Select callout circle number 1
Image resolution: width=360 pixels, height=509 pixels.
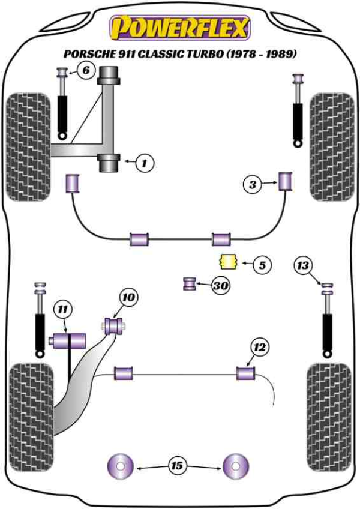pos(145,161)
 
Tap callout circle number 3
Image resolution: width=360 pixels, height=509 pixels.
pos(253,185)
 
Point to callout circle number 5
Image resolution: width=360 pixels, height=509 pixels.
pos(262,264)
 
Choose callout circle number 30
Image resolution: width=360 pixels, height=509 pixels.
pos(221,286)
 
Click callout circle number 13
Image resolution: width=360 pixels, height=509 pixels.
pos(304,264)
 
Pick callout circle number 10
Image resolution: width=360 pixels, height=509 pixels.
pos(128,297)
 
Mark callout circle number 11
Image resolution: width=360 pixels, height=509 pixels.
pos(62,310)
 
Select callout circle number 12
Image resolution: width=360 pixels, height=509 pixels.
pos(260,346)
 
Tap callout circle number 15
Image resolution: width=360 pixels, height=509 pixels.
pos(178,465)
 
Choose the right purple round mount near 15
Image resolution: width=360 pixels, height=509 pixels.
pos(236,465)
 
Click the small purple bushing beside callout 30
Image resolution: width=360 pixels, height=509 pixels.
pos(190,283)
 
